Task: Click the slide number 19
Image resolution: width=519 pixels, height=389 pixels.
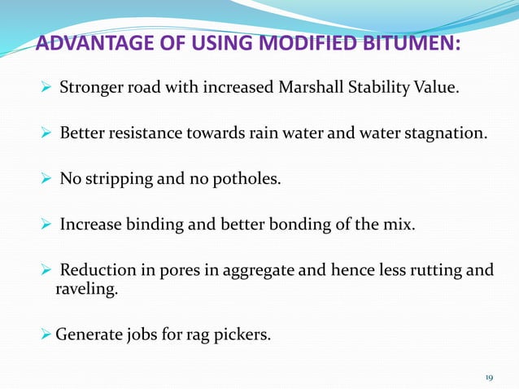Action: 489,377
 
